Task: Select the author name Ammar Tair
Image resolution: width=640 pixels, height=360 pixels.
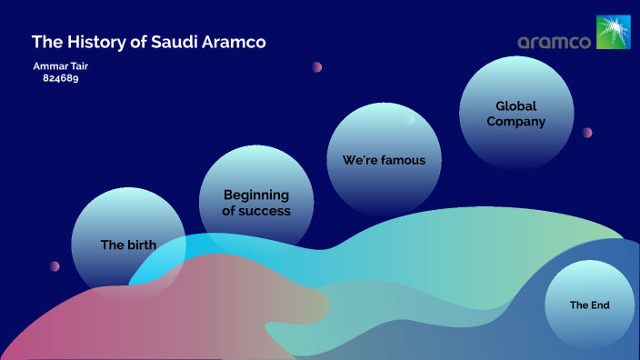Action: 61,66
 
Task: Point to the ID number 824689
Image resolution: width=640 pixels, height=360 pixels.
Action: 61,78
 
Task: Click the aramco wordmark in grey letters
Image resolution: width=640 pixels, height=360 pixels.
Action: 555,42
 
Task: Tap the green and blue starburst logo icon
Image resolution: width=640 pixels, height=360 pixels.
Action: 612,32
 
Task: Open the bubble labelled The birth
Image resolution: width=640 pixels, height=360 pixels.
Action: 128,244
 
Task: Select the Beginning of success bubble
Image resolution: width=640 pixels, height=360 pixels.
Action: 256,202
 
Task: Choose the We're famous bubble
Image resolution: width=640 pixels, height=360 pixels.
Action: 384,160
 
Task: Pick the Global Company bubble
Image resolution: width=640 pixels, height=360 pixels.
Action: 516,114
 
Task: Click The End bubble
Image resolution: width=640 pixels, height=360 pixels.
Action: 589,305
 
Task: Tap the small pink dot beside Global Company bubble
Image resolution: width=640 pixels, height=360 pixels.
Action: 587,133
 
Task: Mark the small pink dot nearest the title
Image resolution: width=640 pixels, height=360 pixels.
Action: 317,66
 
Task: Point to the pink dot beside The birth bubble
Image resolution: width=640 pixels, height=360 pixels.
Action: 55,266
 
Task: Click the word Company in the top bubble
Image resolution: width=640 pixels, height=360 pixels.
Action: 516,122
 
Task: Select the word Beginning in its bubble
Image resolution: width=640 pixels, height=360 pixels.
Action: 256,195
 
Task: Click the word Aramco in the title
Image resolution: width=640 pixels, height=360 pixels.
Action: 235,42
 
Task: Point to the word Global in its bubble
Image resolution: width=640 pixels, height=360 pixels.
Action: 516,106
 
